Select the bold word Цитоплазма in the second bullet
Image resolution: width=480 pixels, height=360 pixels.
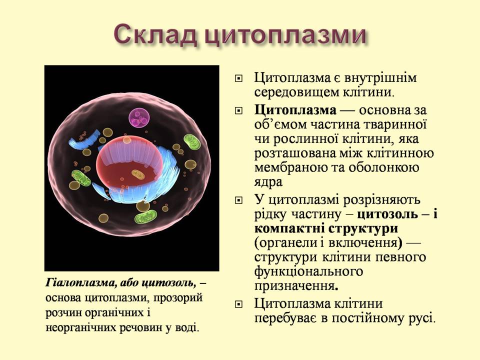[295, 109]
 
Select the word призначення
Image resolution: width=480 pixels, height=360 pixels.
[294, 286]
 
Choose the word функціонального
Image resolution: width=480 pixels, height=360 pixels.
[308, 272]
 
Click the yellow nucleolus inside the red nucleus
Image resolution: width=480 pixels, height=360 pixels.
[138, 174]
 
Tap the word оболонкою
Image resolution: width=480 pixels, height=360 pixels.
[393, 167]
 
